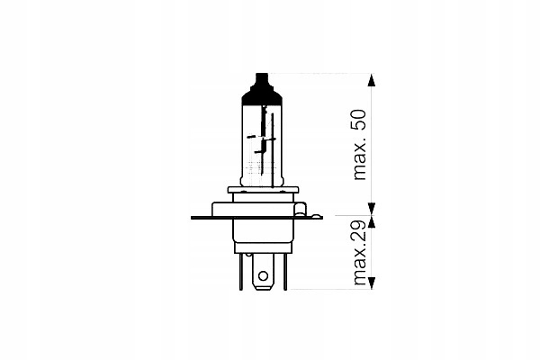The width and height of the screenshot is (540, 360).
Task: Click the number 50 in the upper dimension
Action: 359,120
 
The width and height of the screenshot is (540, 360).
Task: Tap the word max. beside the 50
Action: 360,159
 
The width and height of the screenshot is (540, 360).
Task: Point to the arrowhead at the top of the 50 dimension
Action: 371,79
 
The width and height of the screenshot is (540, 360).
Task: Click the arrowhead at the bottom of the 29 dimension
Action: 371,283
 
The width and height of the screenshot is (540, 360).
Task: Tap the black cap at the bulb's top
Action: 262,89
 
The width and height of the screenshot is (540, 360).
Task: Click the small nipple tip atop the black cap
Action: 262,75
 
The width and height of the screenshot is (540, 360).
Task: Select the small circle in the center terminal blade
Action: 263,276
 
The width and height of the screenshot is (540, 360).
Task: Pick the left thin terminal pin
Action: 240,272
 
